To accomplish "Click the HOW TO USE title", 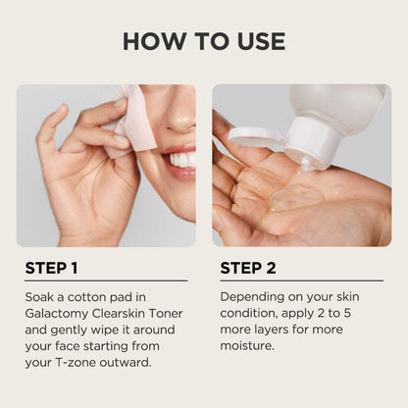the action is pyautogui.click(x=204, y=41).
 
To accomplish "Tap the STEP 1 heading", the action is pyautogui.click(x=51, y=268).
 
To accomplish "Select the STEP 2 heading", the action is pyautogui.click(x=248, y=268).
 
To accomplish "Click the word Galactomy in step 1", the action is pyautogui.click(x=57, y=314).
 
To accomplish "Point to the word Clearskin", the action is pyautogui.click(x=119, y=313).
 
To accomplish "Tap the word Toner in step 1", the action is pyautogui.click(x=166, y=313).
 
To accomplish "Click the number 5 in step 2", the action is pyautogui.click(x=347, y=313).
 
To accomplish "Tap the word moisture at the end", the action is pyautogui.click(x=247, y=345).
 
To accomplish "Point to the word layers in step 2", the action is pyautogui.click(x=269, y=330).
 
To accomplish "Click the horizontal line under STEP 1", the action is pyautogui.click(x=106, y=280).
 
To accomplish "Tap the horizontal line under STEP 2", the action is pyautogui.click(x=302, y=280).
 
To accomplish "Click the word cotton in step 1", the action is pyautogui.click(x=86, y=297).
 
